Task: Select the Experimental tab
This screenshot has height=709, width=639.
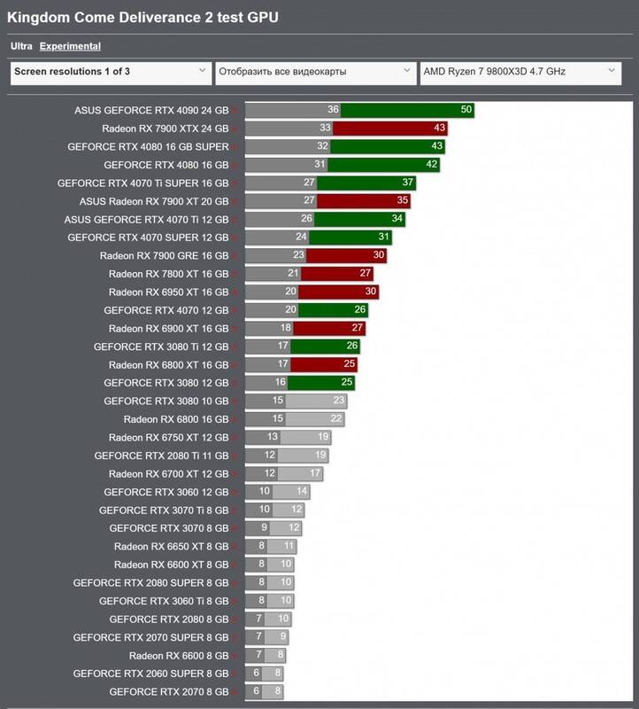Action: tap(70, 46)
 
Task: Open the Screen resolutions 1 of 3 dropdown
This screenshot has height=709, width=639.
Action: tap(109, 72)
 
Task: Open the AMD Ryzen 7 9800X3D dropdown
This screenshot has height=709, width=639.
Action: tap(520, 72)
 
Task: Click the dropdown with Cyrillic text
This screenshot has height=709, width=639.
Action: tap(314, 72)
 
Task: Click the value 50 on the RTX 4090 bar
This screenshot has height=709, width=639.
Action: tap(466, 110)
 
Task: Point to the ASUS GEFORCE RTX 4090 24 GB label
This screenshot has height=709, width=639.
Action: tap(151, 111)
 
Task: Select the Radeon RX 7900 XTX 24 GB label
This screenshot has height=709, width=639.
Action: tap(165, 129)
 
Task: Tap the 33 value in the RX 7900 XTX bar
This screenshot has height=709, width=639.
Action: tap(325, 129)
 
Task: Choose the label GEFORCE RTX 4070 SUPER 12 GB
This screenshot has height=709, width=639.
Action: tap(148, 238)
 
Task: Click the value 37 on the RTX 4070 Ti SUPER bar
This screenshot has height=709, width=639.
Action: tap(408, 183)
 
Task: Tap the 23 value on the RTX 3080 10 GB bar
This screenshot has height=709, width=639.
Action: tap(339, 401)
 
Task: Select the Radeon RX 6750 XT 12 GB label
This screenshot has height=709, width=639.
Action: tap(168, 437)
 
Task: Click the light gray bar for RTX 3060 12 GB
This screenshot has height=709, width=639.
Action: tap(291, 492)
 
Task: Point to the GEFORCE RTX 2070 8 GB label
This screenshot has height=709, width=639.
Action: tap(168, 691)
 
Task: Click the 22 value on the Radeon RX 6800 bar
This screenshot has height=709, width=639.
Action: tap(336, 419)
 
